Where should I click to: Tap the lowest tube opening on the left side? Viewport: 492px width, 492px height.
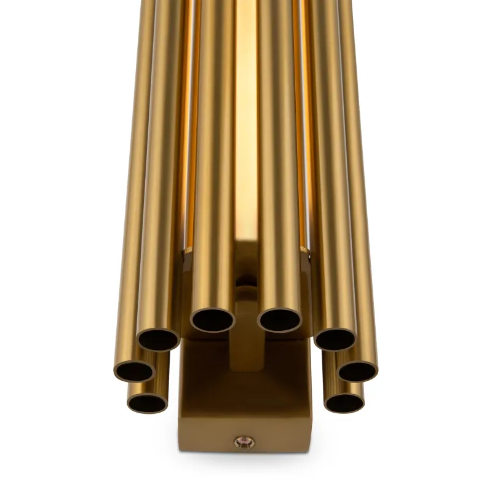pos(148,402)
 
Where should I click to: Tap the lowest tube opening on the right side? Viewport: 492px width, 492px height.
pos(344,402)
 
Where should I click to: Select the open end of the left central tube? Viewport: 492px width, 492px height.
pos(213,319)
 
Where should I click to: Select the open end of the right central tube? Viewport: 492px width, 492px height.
pos(279,319)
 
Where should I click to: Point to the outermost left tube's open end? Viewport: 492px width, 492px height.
pos(134,370)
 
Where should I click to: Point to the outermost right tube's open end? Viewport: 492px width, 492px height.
pos(358,370)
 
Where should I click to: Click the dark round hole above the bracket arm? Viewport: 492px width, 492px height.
pos(246,284)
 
